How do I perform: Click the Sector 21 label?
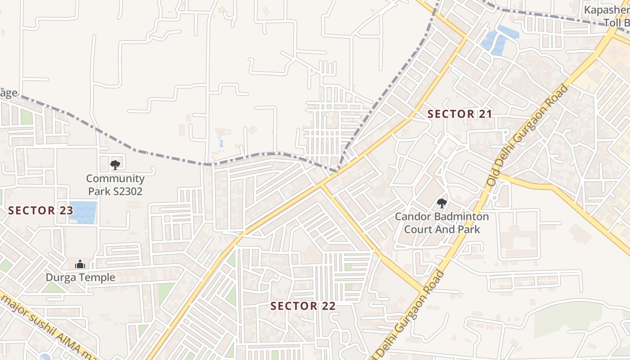459,114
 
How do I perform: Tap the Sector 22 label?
303,306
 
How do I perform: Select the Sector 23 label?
40,211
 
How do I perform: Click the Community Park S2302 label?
115,185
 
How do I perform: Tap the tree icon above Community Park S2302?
115,165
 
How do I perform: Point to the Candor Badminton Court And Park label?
441,223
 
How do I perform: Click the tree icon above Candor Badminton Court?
441,203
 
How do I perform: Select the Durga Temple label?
80,278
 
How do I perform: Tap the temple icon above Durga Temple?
80,264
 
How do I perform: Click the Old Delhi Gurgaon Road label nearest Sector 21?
528,135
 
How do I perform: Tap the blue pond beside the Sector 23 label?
84,212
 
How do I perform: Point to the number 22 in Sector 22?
328,306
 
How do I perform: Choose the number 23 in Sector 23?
65,211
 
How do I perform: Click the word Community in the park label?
115,179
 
